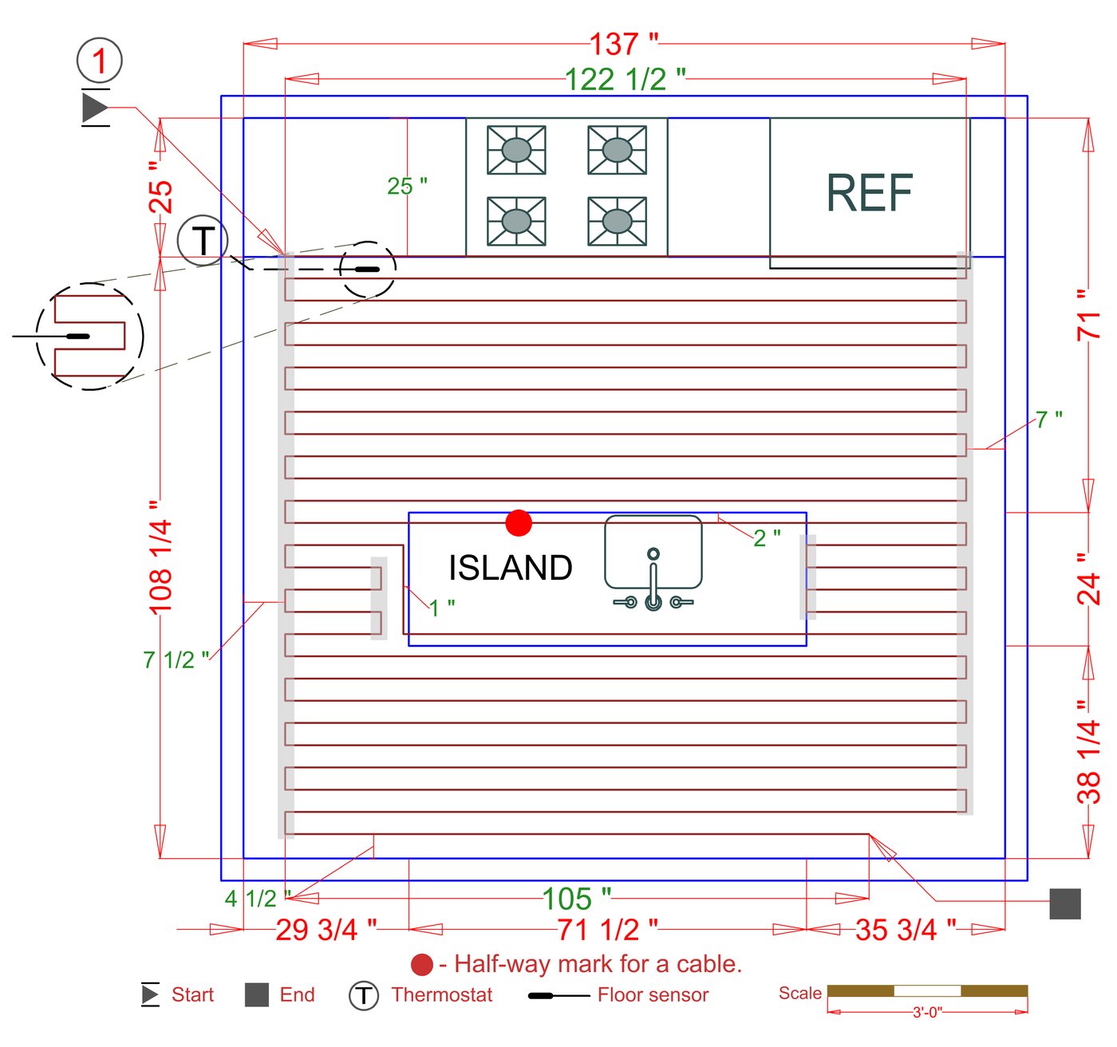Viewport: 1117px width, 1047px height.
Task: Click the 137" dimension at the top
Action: click(x=624, y=44)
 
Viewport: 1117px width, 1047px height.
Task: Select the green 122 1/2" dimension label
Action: click(x=625, y=79)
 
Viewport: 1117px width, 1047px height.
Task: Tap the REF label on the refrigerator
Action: click(x=869, y=193)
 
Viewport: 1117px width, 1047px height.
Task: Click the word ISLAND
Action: click(x=510, y=568)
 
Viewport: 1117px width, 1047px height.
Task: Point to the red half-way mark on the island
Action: click(x=519, y=523)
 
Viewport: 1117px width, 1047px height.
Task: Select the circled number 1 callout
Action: click(x=100, y=61)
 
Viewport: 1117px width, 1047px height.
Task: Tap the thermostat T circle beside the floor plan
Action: click(x=203, y=240)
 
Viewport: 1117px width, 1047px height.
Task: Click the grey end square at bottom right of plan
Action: click(x=1064, y=903)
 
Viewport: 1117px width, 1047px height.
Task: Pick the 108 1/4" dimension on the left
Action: click(x=160, y=557)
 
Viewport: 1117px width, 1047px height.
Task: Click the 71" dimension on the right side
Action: click(x=1088, y=316)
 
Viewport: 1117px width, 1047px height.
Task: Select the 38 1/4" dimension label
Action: click(x=1088, y=752)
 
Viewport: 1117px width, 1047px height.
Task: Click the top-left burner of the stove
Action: click(x=516, y=149)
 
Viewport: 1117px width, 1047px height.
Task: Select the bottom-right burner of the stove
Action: click(x=617, y=221)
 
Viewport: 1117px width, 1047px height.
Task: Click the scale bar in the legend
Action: click(x=927, y=991)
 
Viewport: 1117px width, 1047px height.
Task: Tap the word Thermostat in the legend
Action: click(x=442, y=995)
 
